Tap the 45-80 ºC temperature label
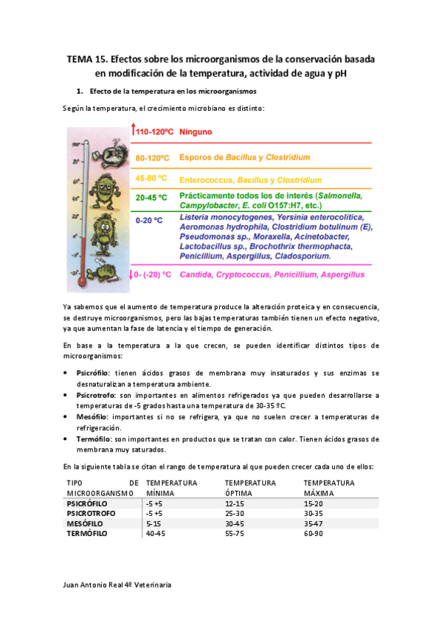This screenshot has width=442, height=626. coord(151,179)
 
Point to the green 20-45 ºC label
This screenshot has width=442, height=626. coord(151,198)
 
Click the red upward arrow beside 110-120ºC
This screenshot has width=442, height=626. coord(133,131)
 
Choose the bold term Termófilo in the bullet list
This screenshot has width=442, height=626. coord(94,438)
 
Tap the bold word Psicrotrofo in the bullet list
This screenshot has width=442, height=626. coord(97,396)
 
